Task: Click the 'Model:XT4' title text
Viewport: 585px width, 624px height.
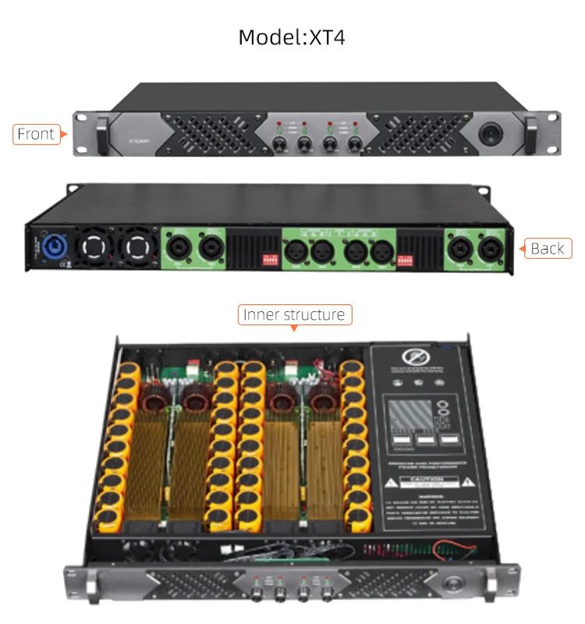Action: pyautogui.click(x=292, y=37)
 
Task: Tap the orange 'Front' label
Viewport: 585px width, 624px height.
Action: pyautogui.click(x=37, y=134)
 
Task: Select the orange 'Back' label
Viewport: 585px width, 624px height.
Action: pyautogui.click(x=547, y=248)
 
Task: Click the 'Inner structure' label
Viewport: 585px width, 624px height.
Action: pyautogui.click(x=294, y=315)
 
